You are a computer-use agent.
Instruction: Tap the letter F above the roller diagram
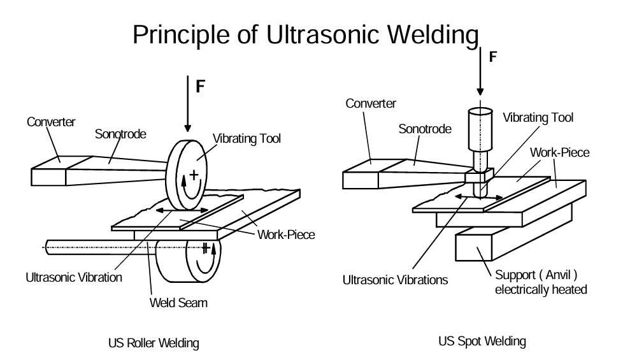(x=200, y=87)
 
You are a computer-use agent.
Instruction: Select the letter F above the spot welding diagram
(x=492, y=57)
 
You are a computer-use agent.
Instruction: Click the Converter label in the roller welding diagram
(x=51, y=121)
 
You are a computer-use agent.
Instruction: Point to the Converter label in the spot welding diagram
(x=371, y=103)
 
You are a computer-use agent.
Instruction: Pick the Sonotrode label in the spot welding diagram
(x=425, y=129)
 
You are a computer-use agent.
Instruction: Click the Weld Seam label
(x=178, y=302)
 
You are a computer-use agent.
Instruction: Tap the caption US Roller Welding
(x=154, y=343)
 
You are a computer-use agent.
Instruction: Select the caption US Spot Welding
(x=482, y=341)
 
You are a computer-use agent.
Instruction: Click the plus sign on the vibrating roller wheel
(x=194, y=173)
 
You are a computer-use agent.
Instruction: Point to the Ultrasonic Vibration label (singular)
(x=74, y=277)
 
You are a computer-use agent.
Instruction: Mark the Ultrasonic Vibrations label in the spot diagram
(x=395, y=279)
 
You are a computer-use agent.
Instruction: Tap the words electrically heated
(x=541, y=290)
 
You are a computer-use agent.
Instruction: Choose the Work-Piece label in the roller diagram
(x=286, y=234)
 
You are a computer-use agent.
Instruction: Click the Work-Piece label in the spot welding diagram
(x=560, y=153)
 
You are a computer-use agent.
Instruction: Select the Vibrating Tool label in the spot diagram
(x=538, y=118)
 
